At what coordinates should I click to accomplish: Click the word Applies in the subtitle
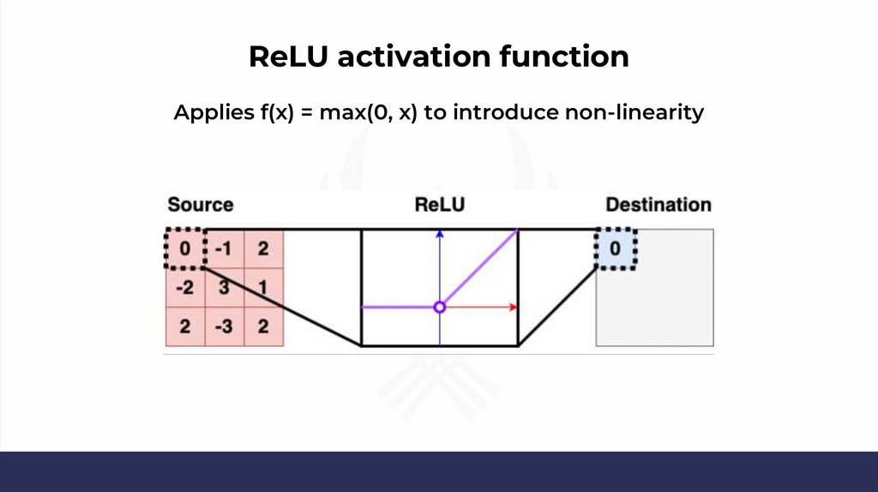tap(212, 112)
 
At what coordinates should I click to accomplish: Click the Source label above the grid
tap(200, 205)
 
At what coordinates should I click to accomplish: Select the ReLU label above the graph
tap(439, 205)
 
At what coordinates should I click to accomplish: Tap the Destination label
tap(658, 205)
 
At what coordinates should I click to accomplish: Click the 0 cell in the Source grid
tap(185, 249)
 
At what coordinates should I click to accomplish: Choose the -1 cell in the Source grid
tap(224, 249)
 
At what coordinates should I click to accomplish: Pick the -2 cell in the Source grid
tap(185, 288)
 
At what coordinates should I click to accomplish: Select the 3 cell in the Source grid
tap(224, 288)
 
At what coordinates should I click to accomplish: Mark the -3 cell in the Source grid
tap(224, 327)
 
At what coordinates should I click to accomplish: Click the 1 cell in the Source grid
tap(262, 288)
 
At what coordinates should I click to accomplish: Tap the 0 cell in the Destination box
tap(615, 249)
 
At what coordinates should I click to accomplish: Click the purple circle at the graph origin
tap(439, 307)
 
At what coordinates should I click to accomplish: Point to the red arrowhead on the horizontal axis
tap(512, 307)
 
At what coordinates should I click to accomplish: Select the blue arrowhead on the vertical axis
tap(439, 232)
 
